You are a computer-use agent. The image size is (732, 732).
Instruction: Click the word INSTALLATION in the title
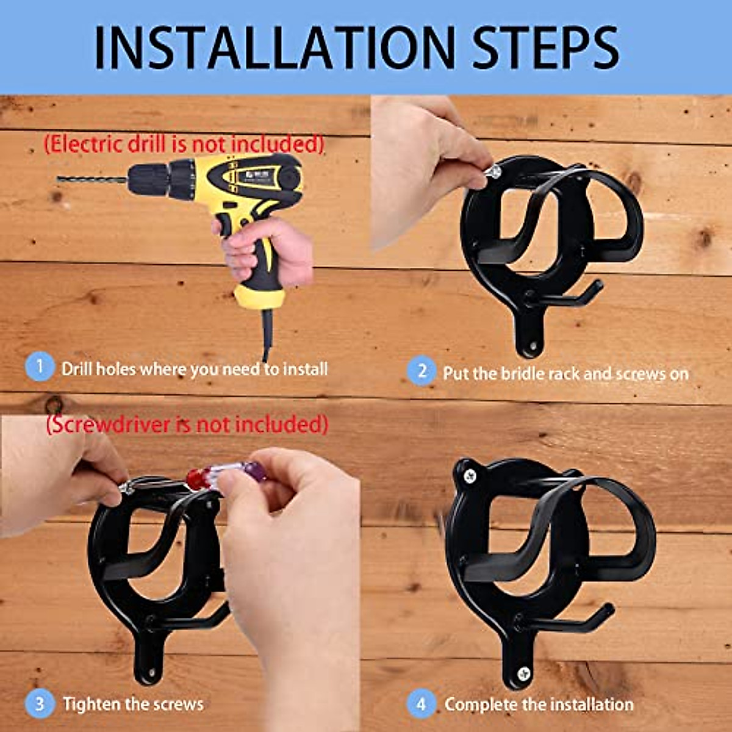(x=275, y=48)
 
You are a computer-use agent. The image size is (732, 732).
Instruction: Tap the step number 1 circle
(x=40, y=368)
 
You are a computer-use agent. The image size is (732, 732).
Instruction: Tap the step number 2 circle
(x=421, y=371)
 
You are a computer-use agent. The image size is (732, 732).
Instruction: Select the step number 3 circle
(x=40, y=704)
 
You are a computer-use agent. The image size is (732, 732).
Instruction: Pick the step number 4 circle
(x=421, y=705)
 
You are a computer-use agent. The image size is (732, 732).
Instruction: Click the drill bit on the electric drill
(x=91, y=180)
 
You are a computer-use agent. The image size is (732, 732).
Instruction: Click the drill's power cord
(x=267, y=335)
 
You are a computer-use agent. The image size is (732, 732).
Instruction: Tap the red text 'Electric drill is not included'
(x=184, y=145)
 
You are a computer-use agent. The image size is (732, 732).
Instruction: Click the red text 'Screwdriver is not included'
(x=187, y=424)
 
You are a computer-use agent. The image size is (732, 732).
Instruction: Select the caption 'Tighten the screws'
(x=133, y=704)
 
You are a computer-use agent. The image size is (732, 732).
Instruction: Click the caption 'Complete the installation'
(x=539, y=705)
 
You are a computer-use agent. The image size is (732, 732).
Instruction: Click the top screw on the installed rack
(x=469, y=476)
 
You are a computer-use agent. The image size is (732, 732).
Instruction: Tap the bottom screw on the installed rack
(x=523, y=673)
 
